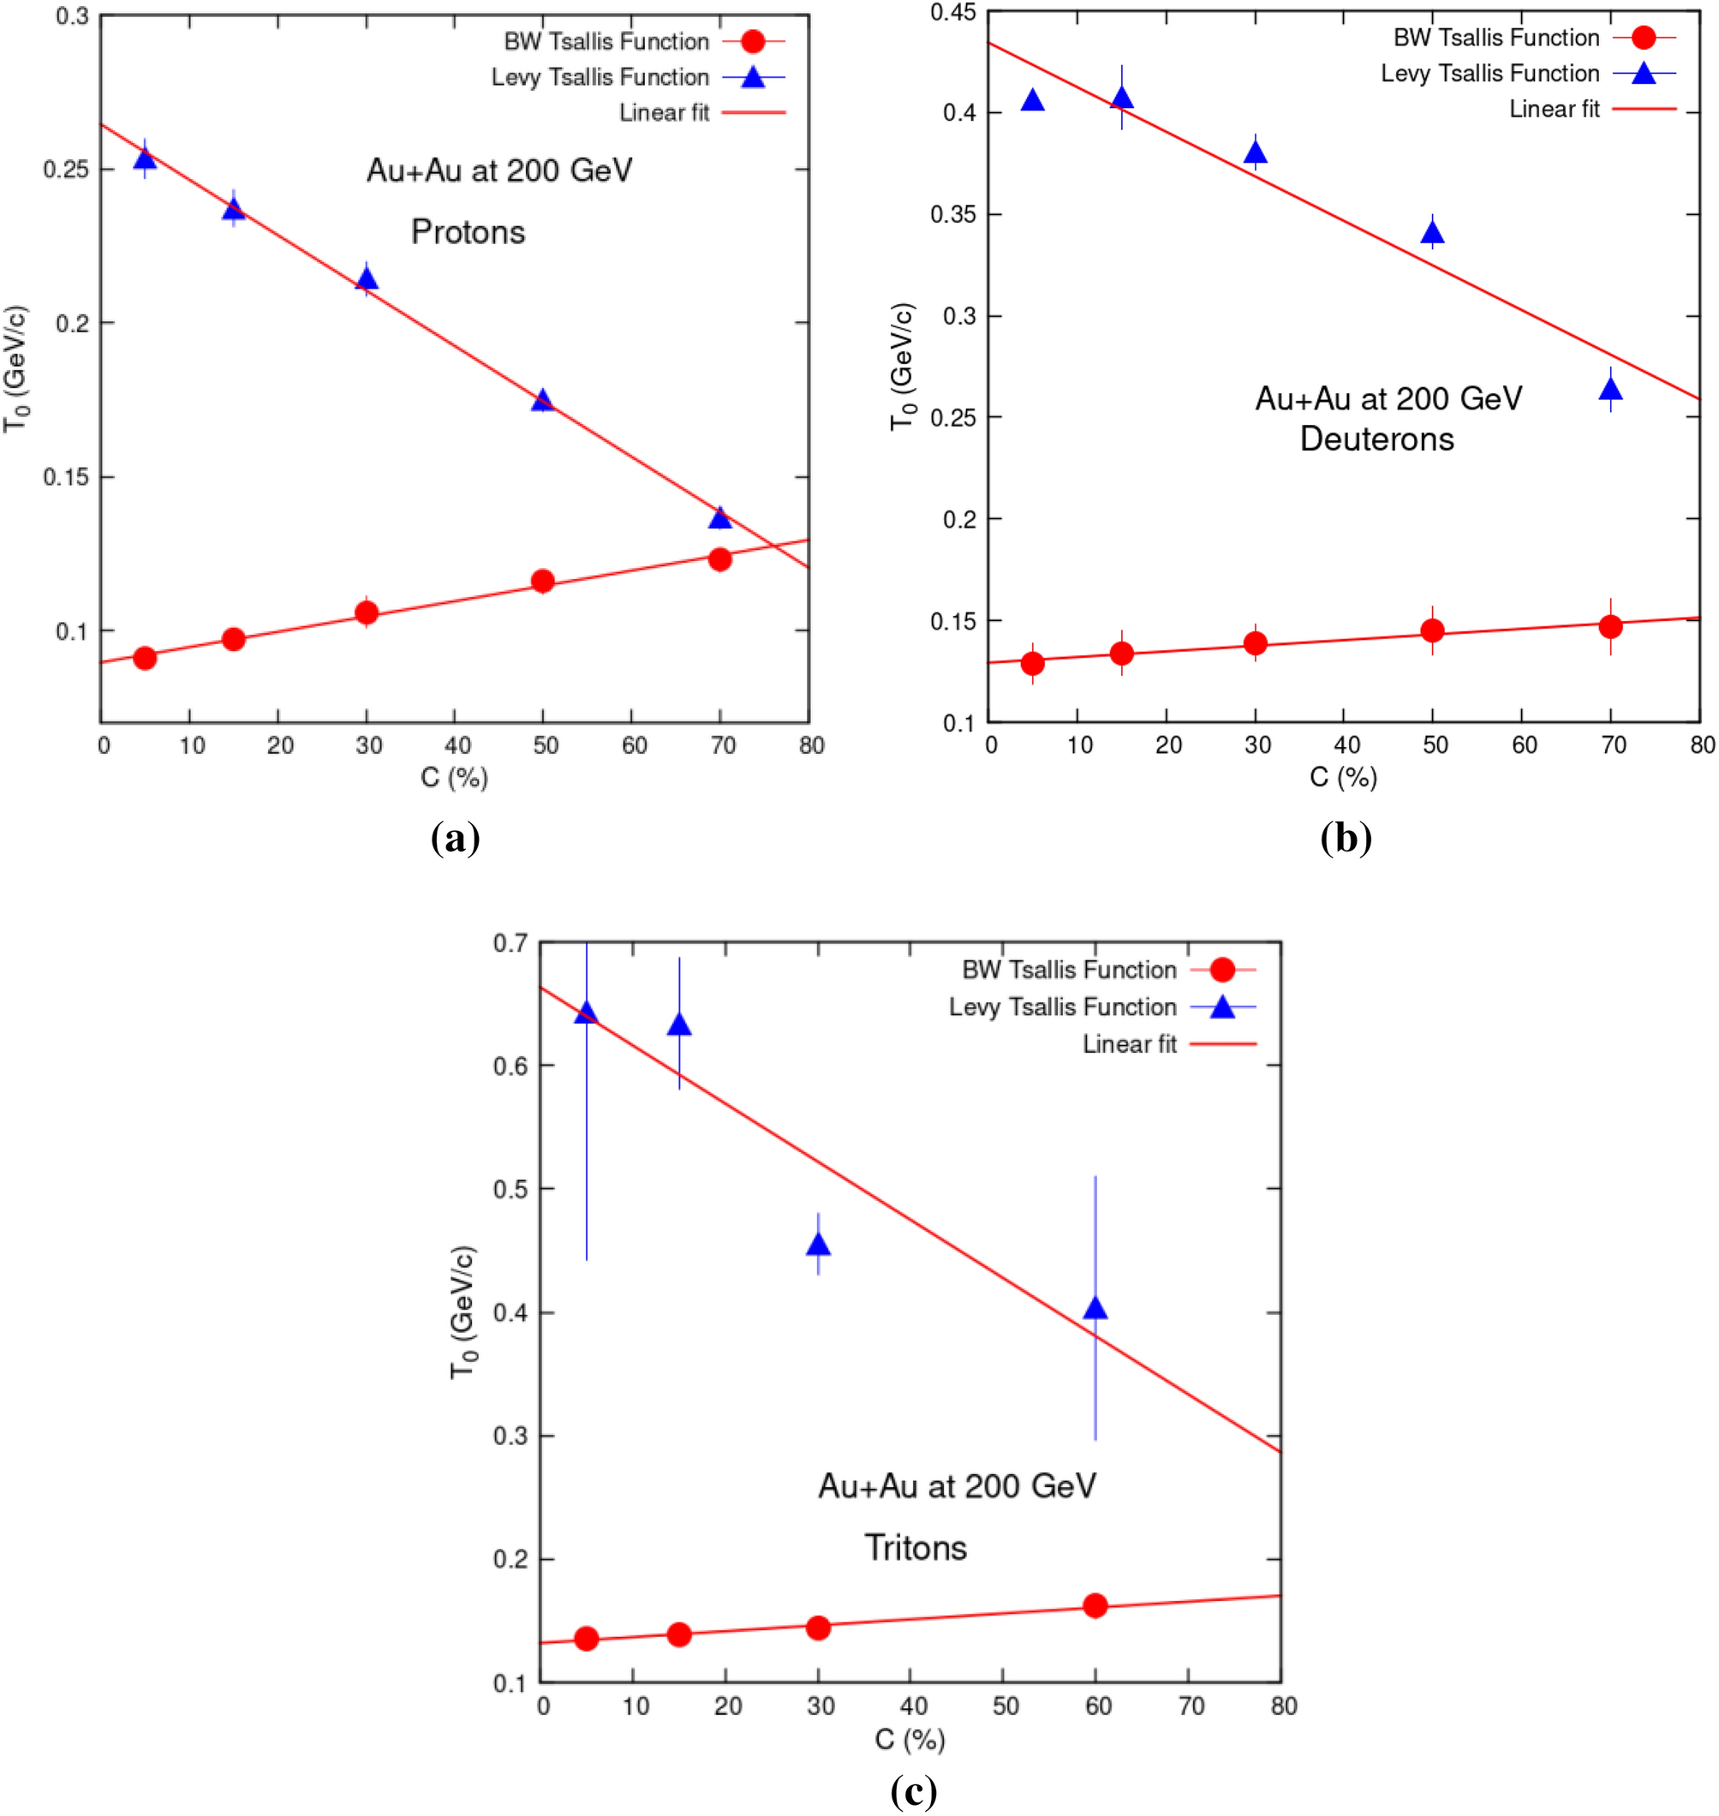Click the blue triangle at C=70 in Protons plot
pyautogui.click(x=720, y=518)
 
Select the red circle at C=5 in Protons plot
pyautogui.click(x=145, y=658)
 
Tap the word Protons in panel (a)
pyautogui.click(x=469, y=232)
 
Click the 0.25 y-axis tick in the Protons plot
pyautogui.click(x=65, y=170)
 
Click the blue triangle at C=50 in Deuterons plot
pyautogui.click(x=1432, y=234)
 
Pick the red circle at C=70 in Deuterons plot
pyautogui.click(x=1610, y=627)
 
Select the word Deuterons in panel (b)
pyautogui.click(x=1376, y=439)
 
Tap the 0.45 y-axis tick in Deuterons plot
pyautogui.click(x=953, y=13)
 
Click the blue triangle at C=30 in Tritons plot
pyautogui.click(x=818, y=1245)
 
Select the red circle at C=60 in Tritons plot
pyautogui.click(x=1095, y=1605)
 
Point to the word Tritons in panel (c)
pyautogui.click(x=916, y=1548)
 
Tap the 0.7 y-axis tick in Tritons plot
pyautogui.click(x=510, y=943)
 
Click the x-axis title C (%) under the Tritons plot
pyautogui.click(x=909, y=1738)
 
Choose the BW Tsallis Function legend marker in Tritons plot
pyautogui.click(x=1221, y=970)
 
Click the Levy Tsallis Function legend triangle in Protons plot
pyautogui.click(x=752, y=77)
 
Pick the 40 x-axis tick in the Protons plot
pyautogui.click(x=457, y=746)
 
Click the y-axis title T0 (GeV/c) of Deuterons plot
pyautogui.click(x=903, y=367)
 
